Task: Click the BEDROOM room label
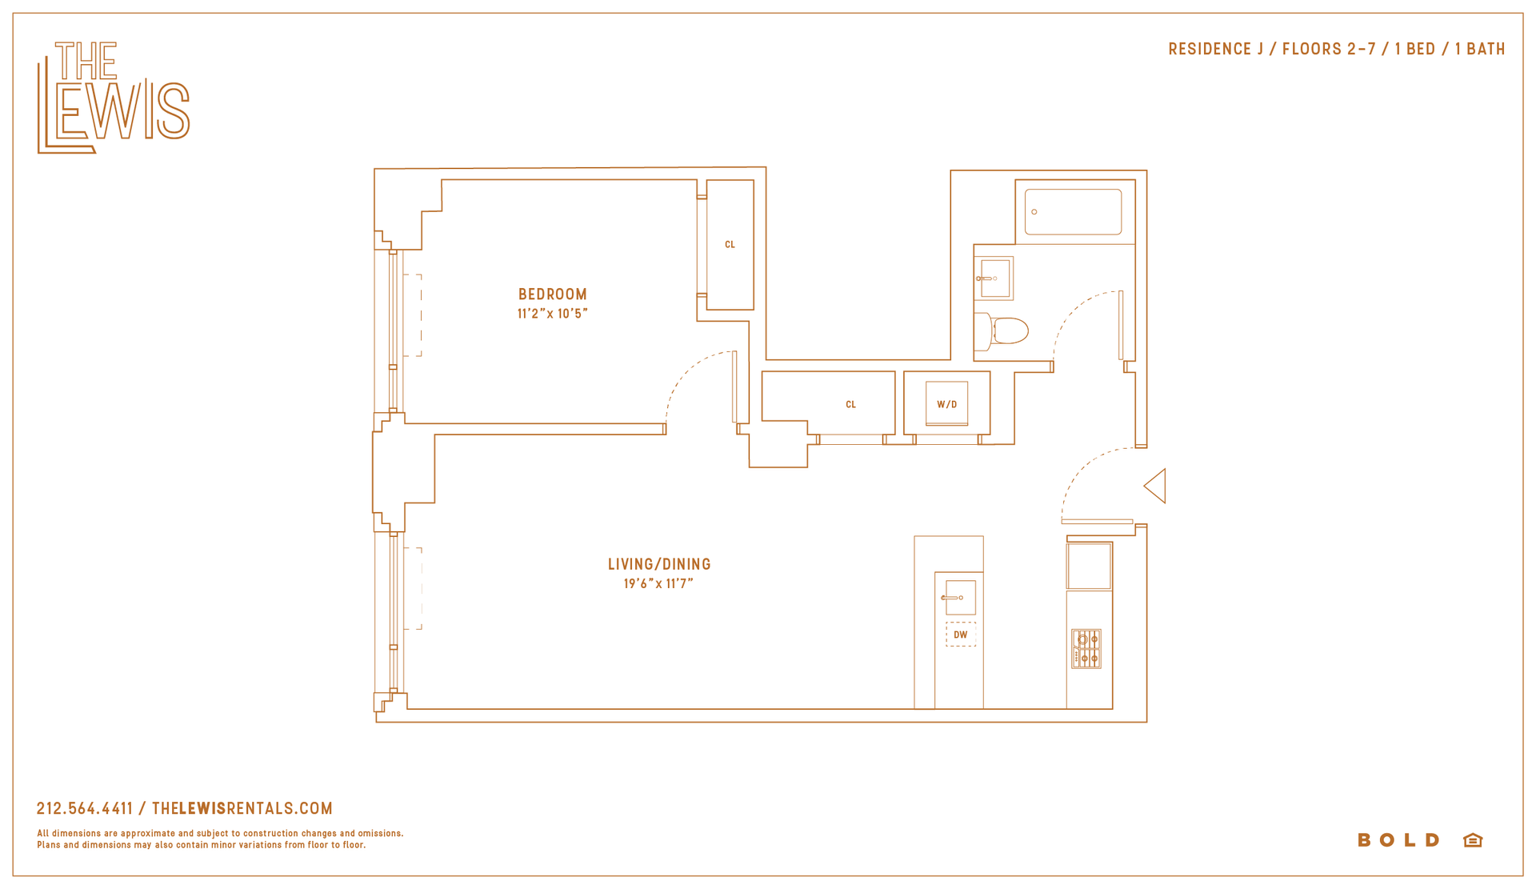pyautogui.click(x=553, y=294)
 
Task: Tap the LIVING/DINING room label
pyautogui.click(x=659, y=564)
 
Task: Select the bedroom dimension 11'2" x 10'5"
pyautogui.click(x=553, y=314)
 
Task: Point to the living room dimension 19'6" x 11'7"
pyautogui.click(x=658, y=583)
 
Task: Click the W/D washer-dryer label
pyautogui.click(x=947, y=404)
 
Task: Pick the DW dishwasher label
pyautogui.click(x=961, y=635)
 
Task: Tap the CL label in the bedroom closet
pyautogui.click(x=730, y=245)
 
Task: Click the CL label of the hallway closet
pyautogui.click(x=850, y=405)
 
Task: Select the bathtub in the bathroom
pyautogui.click(x=1073, y=212)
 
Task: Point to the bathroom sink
pyautogui.click(x=994, y=278)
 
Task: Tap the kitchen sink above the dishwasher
pyautogui.click(x=960, y=598)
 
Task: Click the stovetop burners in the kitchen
pyautogui.click(x=1086, y=648)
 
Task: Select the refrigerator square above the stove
pyautogui.click(x=1089, y=567)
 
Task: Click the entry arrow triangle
pyautogui.click(x=1155, y=486)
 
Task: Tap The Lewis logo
pyautogui.click(x=114, y=97)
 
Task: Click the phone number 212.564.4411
pyautogui.click(x=85, y=809)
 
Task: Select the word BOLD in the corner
pyautogui.click(x=1399, y=840)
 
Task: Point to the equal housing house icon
pyautogui.click(x=1473, y=840)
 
